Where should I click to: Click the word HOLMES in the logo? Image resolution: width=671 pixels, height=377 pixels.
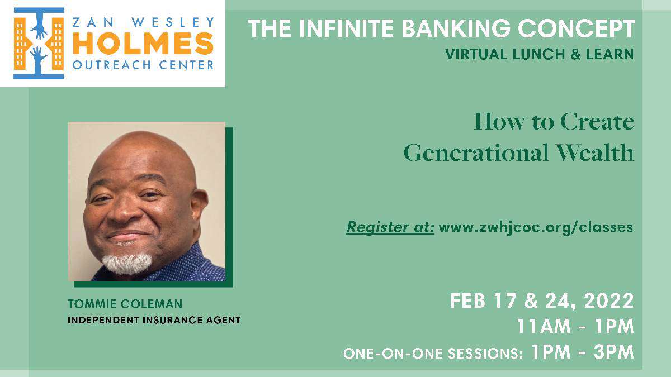click(143, 44)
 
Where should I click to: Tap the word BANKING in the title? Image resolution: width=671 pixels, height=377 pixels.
click(456, 28)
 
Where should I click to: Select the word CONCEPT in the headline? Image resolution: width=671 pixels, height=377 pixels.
click(577, 28)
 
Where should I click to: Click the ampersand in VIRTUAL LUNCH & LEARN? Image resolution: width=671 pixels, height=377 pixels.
click(575, 54)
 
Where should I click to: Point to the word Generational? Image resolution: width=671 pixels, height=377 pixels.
click(476, 152)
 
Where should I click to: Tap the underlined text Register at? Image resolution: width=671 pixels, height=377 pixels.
click(390, 227)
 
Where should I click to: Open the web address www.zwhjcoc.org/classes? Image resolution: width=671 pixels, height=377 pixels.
click(536, 227)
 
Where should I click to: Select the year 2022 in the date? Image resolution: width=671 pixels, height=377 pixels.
click(609, 300)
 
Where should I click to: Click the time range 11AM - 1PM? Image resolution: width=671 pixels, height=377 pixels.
click(575, 326)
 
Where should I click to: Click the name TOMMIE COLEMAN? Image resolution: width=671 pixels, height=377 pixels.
click(125, 304)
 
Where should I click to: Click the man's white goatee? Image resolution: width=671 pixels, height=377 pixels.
click(127, 263)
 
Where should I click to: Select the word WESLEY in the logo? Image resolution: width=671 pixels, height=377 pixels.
click(173, 22)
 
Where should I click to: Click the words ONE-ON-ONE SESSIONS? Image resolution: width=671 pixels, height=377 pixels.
click(433, 354)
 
